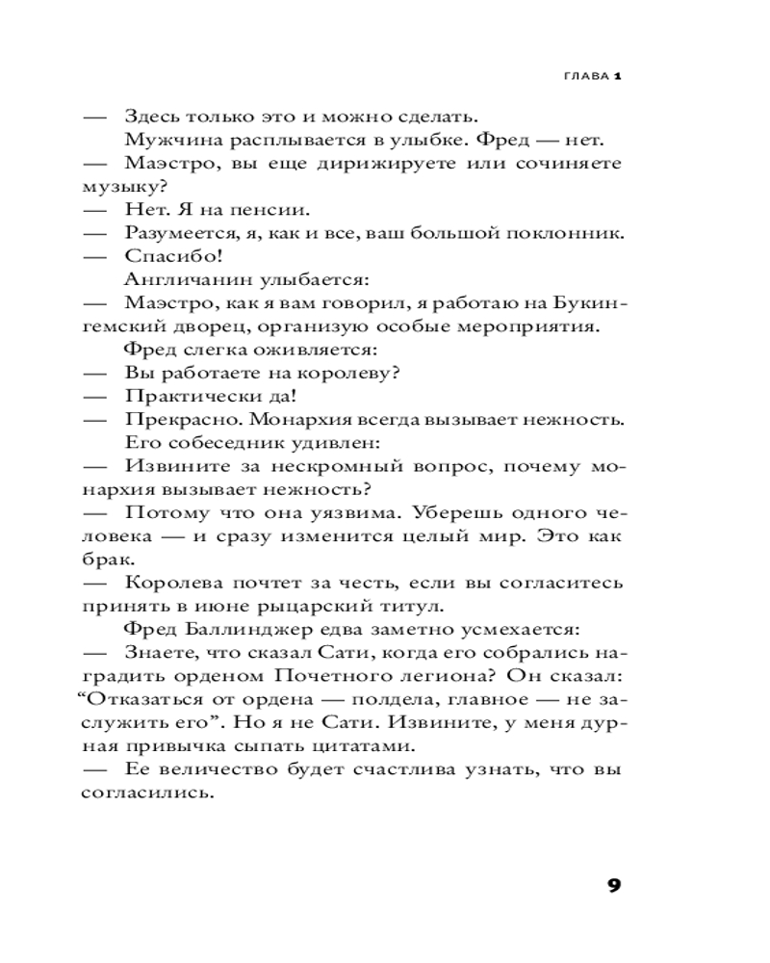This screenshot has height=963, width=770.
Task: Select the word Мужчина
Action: pos(163,140)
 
